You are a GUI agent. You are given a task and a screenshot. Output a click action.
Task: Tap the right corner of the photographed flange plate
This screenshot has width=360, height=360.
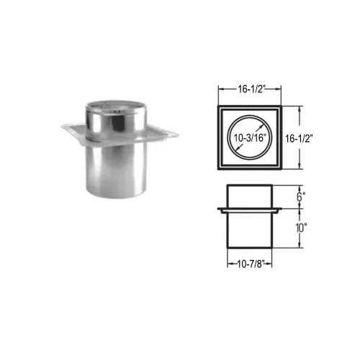pyautogui.click(x=176, y=132)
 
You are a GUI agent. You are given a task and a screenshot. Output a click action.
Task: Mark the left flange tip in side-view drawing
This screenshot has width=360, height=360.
pyautogui.click(x=218, y=211)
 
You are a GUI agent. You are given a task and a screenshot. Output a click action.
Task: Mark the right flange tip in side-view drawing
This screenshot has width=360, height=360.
pyautogui.click(x=279, y=211)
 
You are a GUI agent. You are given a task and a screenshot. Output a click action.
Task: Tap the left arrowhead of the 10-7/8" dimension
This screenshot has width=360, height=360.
pyautogui.click(x=228, y=259)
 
